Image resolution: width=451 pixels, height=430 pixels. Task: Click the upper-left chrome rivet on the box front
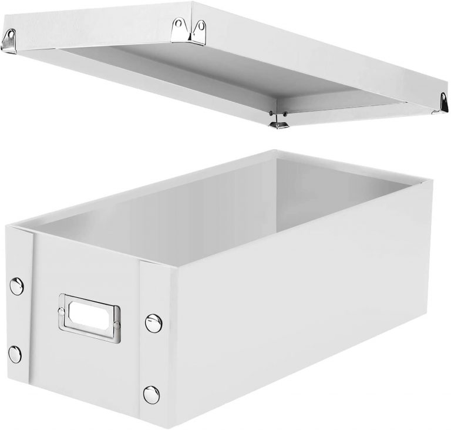point(16,286)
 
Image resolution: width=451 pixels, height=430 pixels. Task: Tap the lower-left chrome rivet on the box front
point(15,354)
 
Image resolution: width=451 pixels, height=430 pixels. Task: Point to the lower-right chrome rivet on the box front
point(151,394)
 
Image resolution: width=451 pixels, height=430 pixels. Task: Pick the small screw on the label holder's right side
point(117,325)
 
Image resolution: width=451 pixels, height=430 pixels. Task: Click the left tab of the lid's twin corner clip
point(179,26)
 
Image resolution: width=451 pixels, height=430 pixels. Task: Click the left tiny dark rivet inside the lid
point(271,113)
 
